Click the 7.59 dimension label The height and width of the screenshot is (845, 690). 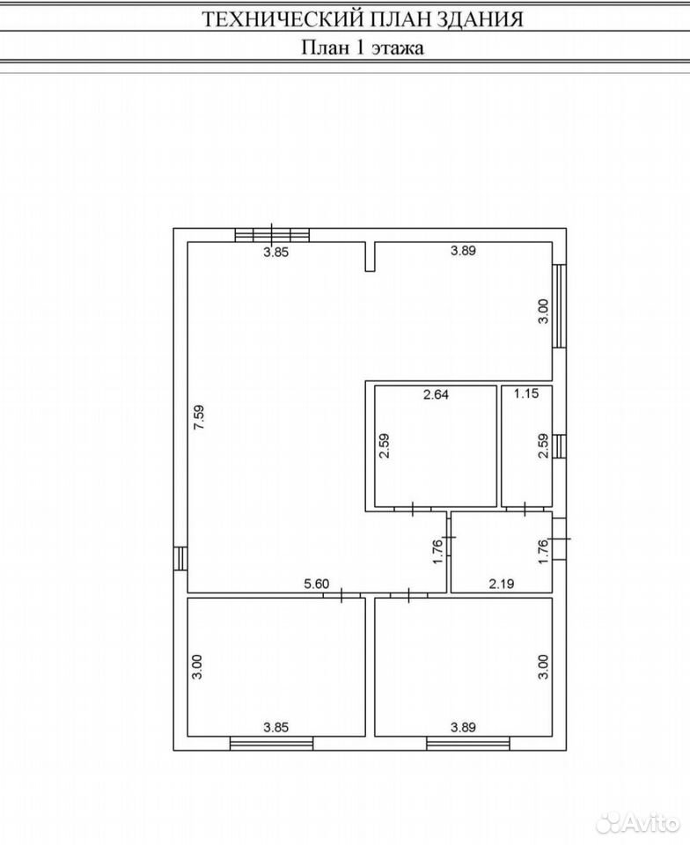tap(199, 417)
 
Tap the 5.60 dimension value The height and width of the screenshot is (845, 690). tap(316, 584)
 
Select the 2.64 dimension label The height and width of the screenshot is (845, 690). tap(436, 394)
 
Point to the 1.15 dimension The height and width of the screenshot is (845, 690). tap(525, 393)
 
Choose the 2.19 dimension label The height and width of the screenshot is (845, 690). tap(502, 583)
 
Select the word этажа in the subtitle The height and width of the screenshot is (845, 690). tap(396, 48)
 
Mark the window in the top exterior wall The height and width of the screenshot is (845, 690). tap(272, 235)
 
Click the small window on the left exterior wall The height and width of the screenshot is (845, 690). tap(180, 558)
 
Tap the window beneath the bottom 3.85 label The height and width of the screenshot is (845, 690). tap(271, 744)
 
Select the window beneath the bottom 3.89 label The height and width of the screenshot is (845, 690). tap(468, 744)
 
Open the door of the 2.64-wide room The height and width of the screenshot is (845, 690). tap(412, 509)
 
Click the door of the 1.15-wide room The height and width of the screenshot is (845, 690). tap(525, 509)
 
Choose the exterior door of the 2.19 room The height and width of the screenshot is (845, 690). tap(559, 539)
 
